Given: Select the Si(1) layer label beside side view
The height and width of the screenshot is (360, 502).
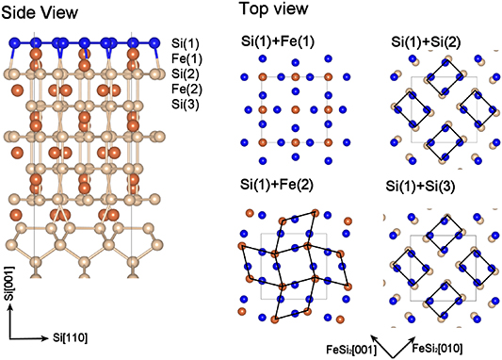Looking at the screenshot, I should [x=186, y=43].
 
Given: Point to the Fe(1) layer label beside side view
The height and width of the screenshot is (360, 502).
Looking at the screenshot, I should [x=186, y=58].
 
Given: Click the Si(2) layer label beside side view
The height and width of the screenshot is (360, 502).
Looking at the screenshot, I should [x=186, y=74].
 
